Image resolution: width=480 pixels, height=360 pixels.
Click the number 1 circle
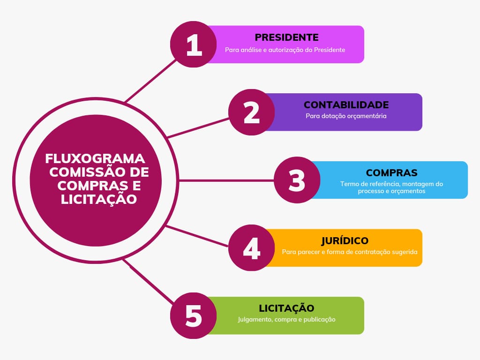(193, 45)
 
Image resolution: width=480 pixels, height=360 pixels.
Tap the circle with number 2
(251, 112)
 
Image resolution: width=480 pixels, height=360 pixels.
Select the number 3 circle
(297, 180)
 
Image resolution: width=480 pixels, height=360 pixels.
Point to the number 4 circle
(251, 247)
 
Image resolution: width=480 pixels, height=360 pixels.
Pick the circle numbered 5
(193, 315)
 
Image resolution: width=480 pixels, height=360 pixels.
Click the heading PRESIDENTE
(286, 37)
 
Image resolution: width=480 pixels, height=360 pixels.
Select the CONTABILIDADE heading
(346, 105)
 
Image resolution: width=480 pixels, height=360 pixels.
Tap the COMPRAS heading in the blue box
(391, 172)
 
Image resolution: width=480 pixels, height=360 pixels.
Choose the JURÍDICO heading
(345, 240)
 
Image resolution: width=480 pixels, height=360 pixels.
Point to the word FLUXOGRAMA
(95, 158)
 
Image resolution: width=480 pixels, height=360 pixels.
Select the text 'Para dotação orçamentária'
(346, 116)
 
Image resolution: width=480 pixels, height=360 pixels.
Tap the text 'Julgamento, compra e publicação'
(286, 319)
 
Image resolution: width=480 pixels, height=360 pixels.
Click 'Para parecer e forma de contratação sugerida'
(350, 252)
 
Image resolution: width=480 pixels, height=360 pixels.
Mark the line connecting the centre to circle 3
(226, 180)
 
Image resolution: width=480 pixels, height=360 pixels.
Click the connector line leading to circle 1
(150, 81)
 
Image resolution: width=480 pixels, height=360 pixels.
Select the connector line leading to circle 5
(149, 281)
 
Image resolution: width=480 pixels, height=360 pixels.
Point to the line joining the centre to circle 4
(197, 236)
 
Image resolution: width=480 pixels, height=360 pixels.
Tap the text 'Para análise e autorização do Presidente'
(285, 50)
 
